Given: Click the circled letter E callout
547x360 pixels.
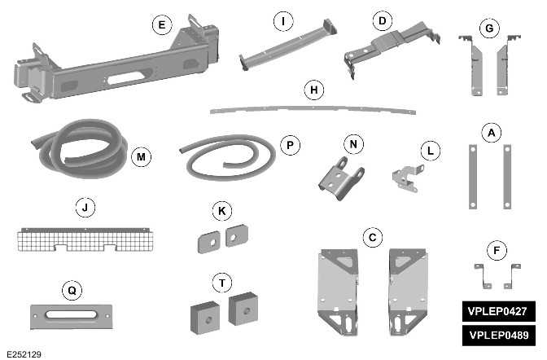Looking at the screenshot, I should (x=162, y=26).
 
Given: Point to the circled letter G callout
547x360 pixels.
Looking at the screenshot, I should (x=488, y=29).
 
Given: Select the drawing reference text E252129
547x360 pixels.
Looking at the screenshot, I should (x=25, y=353).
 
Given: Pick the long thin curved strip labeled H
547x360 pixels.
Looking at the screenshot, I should (x=309, y=104).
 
